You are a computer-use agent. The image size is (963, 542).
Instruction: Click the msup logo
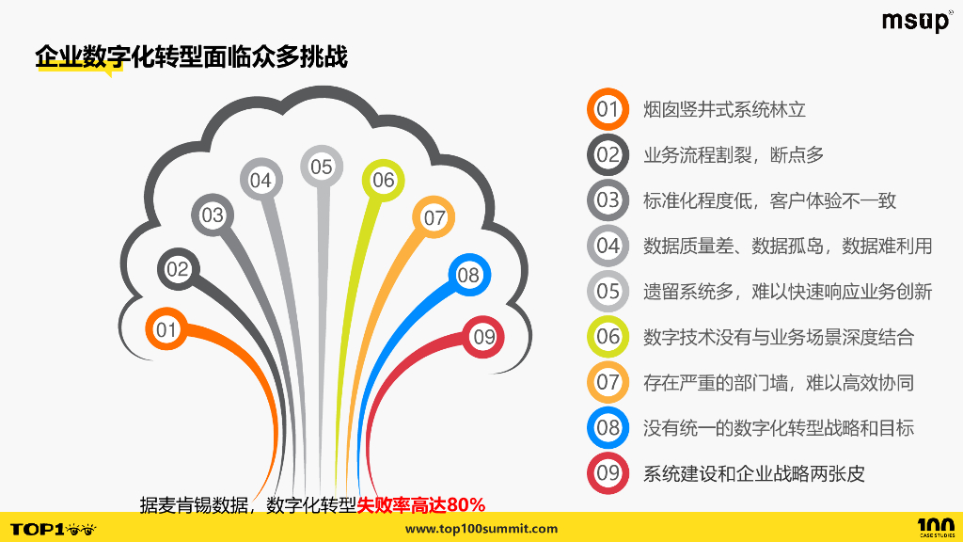coord(917,21)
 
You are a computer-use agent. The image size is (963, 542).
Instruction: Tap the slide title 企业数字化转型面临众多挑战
coord(192,57)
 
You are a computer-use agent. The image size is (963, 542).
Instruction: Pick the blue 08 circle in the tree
coord(468,275)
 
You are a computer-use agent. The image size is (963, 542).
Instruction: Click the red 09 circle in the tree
coord(483,336)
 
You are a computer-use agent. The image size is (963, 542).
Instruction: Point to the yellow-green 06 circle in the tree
coord(383,180)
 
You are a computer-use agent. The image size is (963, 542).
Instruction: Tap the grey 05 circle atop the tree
coord(322,167)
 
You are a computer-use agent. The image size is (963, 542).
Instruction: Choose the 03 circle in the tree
coord(213,215)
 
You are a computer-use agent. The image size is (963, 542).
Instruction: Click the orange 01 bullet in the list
coord(608,109)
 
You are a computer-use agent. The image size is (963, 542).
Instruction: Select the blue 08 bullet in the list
coord(608,428)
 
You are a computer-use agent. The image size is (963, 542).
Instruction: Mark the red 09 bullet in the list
coord(608,473)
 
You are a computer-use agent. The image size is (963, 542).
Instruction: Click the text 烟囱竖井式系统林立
coord(724,109)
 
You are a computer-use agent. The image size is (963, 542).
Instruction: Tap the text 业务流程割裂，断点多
coord(734,154)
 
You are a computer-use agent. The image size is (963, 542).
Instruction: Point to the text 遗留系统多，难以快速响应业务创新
coord(787,292)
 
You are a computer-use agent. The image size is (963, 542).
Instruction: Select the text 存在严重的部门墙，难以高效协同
coord(779,382)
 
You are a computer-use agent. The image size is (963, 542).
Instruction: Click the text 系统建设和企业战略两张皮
coord(753,473)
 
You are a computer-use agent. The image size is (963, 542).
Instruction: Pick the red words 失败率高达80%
coord(420,504)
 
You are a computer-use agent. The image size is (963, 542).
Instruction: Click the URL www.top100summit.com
coord(481,529)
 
